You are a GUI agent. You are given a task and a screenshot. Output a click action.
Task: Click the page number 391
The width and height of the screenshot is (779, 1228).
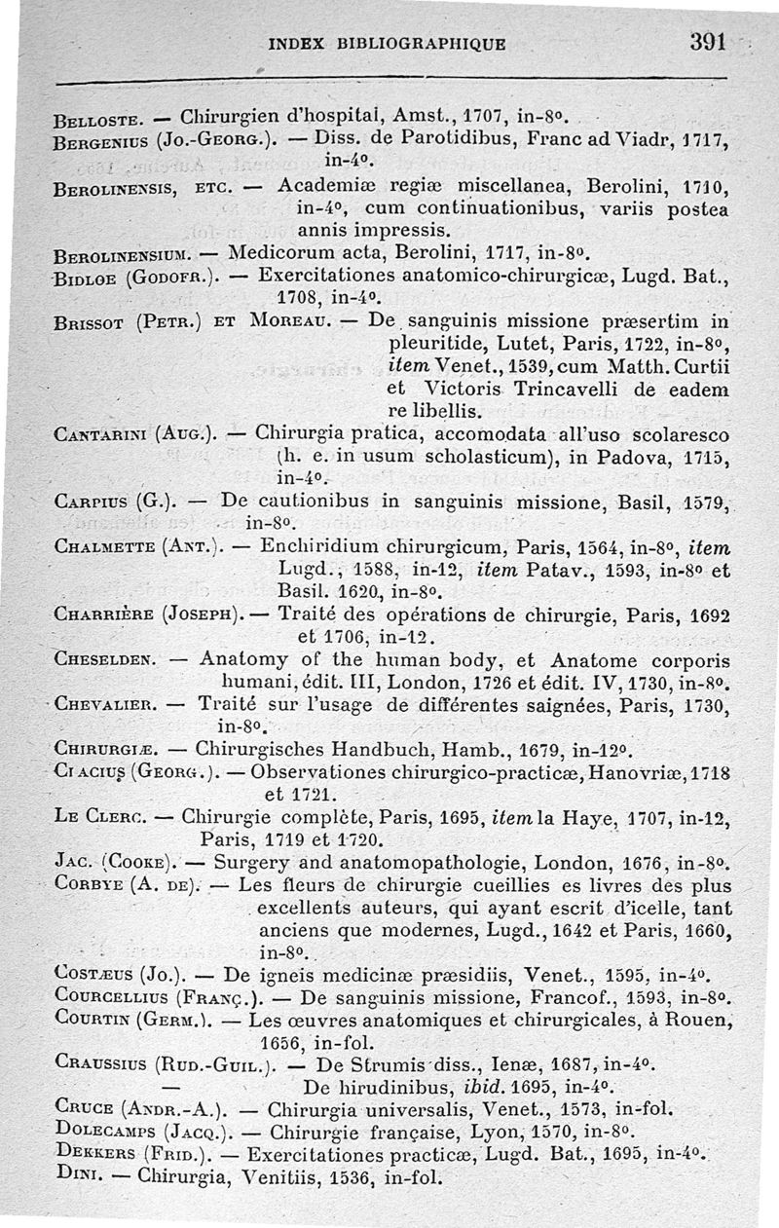click(x=708, y=41)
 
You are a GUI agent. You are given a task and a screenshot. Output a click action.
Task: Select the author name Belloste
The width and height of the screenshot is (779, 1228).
click(x=99, y=123)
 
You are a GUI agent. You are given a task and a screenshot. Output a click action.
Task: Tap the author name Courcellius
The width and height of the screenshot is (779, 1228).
click(x=110, y=997)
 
